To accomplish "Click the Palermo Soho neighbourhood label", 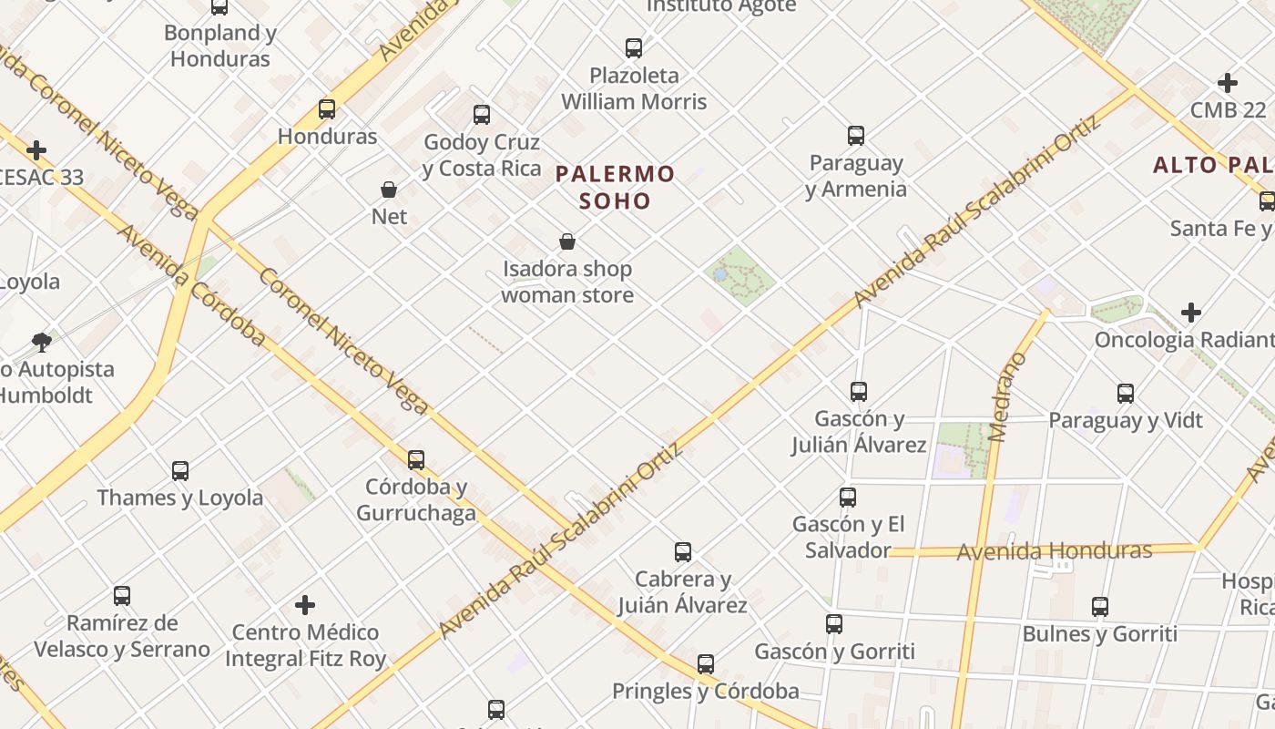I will click(x=616, y=187).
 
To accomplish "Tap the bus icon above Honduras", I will click(x=327, y=109).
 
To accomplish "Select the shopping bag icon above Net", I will click(x=389, y=190).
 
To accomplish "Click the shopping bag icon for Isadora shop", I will click(x=567, y=241).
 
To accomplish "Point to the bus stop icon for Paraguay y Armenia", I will click(x=856, y=136).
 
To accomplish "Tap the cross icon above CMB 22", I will click(x=1228, y=83).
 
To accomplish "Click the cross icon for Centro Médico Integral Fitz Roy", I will click(x=305, y=604).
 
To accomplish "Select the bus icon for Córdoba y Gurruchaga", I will click(x=416, y=459).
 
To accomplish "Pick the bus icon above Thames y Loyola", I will click(x=180, y=470).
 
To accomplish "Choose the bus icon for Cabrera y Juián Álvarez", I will click(x=683, y=551).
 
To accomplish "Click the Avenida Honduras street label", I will click(x=1055, y=550).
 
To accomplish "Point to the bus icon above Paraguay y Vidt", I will click(x=1126, y=394).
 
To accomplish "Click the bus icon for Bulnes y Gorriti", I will click(x=1100, y=607).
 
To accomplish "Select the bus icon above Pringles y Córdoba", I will click(x=706, y=663).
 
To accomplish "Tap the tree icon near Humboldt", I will click(x=41, y=343).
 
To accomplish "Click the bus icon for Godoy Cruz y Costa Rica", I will click(x=482, y=115).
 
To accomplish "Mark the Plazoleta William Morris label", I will click(x=634, y=88).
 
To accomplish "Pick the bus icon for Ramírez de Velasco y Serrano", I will click(x=122, y=596).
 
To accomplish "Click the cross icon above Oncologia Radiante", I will click(x=1191, y=313).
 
